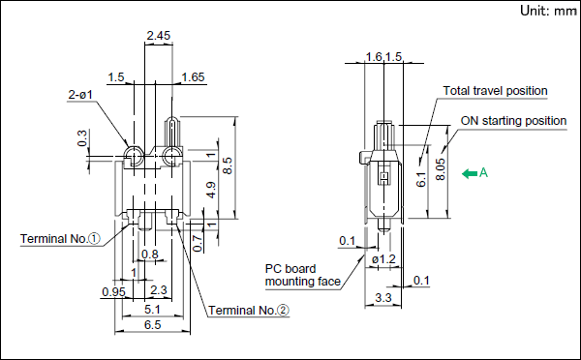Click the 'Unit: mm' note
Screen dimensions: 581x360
point(548,11)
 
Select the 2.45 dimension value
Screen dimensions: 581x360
point(158,36)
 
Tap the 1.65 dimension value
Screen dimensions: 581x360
point(193,77)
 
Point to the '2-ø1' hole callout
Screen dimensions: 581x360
point(80,95)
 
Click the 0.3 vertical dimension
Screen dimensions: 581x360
point(82,138)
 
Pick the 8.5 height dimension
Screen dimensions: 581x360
point(228,165)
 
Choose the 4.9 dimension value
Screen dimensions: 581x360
point(210,190)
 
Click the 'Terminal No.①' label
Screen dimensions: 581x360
point(60,238)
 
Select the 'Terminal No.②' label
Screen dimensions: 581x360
point(249,310)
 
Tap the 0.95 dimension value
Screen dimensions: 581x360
point(113,292)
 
